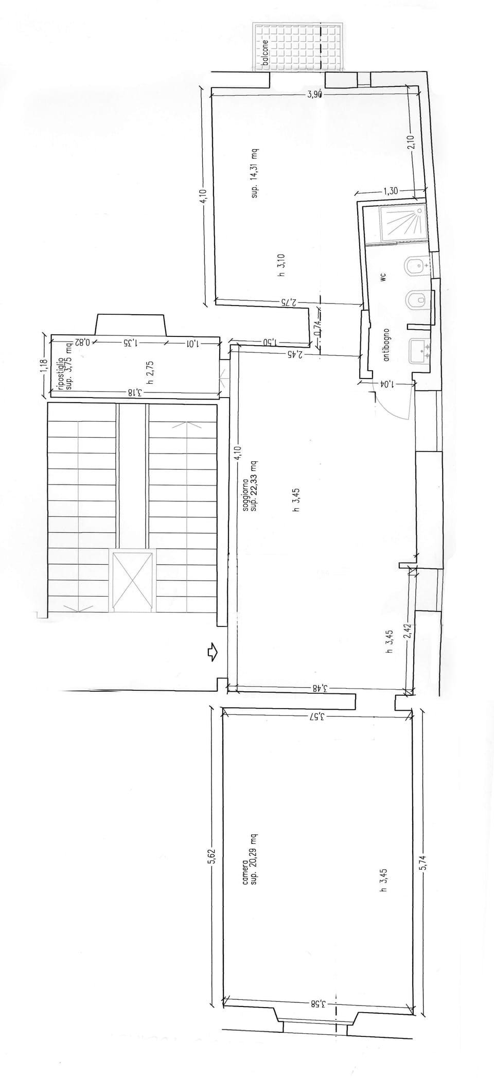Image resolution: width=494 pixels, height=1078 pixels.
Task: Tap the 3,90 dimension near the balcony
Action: click(x=314, y=94)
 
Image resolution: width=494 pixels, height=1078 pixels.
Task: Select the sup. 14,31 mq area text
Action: click(x=254, y=173)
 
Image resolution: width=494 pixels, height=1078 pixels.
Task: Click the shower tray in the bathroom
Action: click(x=402, y=223)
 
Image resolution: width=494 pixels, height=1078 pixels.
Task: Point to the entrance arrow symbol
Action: click(x=212, y=653)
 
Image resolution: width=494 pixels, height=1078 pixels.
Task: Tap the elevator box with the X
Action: click(x=132, y=580)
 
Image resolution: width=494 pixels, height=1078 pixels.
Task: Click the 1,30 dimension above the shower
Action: click(x=390, y=191)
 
